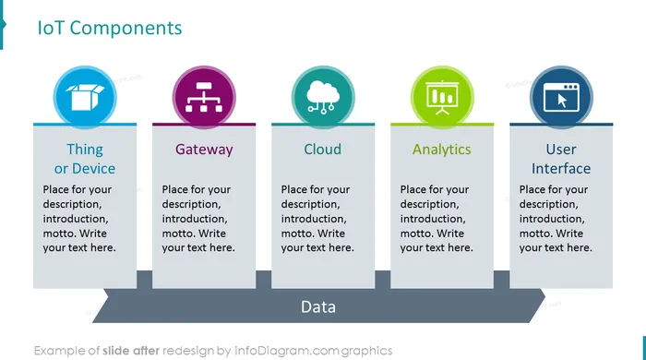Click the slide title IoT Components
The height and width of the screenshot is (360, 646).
110,28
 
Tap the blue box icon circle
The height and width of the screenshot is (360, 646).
85,97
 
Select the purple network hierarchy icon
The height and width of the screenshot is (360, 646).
204,97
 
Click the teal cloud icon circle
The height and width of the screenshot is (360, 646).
323,97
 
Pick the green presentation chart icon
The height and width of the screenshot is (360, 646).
442,97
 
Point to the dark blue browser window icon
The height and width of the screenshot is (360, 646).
561,97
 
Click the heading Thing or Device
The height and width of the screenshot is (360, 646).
85,159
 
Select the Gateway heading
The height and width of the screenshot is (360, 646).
204,150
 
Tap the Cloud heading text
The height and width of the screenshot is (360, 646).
323,150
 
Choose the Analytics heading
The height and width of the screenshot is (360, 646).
442,150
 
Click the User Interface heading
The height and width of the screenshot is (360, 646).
561,159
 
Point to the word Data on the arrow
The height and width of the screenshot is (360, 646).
318,306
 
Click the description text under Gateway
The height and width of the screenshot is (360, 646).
198,218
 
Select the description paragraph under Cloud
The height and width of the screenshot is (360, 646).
317,218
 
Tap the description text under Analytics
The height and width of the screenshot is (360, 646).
437,218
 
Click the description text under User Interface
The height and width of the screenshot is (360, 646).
556,218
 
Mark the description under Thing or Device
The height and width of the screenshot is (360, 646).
79,218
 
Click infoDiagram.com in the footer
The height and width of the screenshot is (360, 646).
287,351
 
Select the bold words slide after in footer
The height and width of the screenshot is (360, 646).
131,351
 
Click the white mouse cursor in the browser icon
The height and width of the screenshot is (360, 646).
562,101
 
